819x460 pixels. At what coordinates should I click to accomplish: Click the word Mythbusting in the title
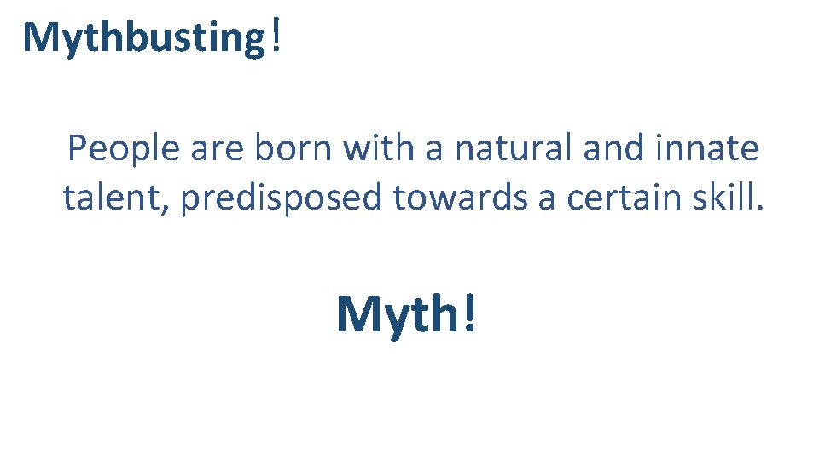click(144, 38)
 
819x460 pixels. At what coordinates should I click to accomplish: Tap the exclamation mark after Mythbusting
click(274, 37)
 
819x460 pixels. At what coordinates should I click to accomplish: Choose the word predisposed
click(281, 199)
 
